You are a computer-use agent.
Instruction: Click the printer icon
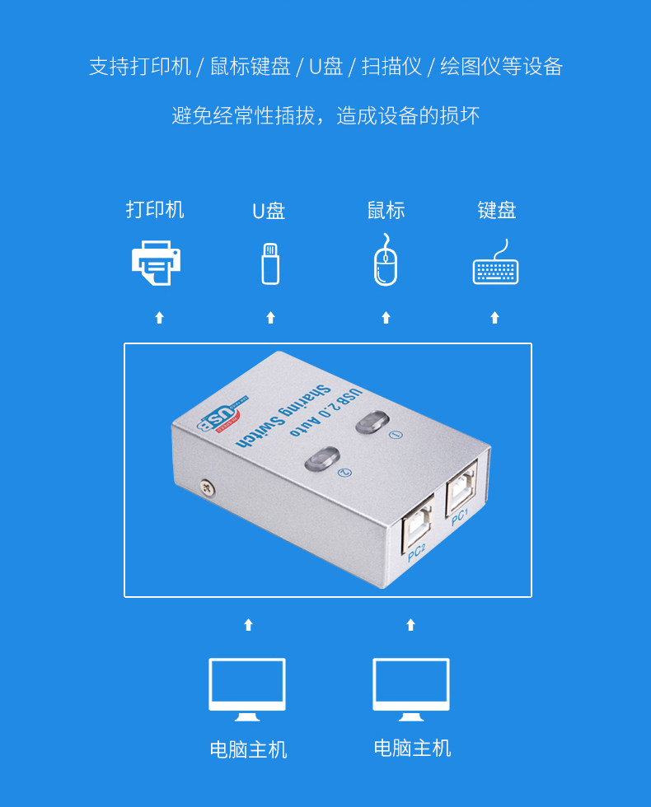click(156, 263)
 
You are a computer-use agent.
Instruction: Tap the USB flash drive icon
click(270, 264)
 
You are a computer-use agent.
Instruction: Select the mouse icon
click(386, 260)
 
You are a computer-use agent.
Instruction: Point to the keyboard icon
click(495, 263)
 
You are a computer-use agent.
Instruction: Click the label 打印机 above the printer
click(155, 210)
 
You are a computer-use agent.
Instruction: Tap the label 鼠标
click(386, 211)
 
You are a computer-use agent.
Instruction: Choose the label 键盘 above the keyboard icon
click(496, 210)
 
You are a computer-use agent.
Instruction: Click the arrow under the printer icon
click(160, 318)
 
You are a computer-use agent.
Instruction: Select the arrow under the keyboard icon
click(495, 318)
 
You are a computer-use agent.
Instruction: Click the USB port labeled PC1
click(461, 487)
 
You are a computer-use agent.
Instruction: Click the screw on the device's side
click(207, 487)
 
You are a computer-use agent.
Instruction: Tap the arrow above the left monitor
click(248, 625)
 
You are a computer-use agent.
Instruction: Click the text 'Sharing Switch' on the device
click(283, 416)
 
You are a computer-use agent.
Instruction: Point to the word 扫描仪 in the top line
click(392, 67)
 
